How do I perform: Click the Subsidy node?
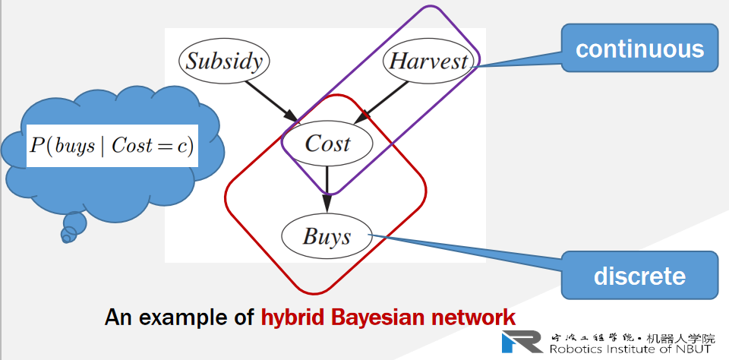point(224,61)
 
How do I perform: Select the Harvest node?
point(428,61)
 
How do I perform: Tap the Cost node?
point(327,143)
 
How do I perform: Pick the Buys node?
point(327,236)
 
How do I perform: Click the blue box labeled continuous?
point(639,49)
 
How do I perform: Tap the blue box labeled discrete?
point(639,275)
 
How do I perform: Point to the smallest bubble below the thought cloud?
point(65,238)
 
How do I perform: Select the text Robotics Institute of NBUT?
point(630,349)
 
